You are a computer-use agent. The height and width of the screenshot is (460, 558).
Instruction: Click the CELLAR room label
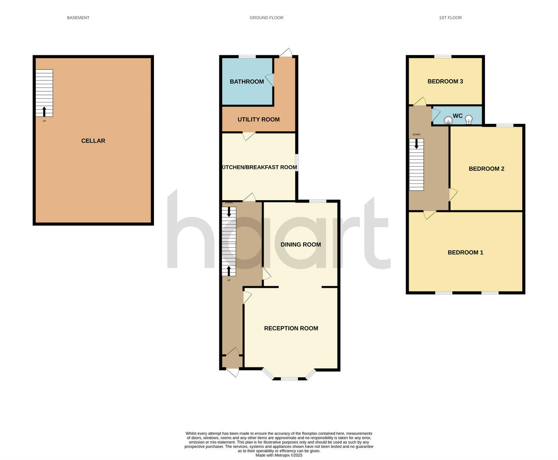tap(93, 141)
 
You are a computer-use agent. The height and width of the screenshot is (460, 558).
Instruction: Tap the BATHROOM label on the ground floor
tap(246, 81)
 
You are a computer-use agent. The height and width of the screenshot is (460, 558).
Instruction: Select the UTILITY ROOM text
tap(259, 120)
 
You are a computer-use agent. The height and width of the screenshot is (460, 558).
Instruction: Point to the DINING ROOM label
tap(300, 244)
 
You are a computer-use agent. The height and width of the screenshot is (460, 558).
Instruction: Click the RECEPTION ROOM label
tap(291, 328)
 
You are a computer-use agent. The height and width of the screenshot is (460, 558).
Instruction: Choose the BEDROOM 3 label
tap(445, 81)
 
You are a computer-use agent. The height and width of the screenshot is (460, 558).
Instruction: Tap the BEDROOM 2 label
tap(486, 169)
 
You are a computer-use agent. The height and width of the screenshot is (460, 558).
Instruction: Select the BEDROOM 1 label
tap(465, 252)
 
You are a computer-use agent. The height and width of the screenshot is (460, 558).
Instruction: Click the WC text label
tap(458, 116)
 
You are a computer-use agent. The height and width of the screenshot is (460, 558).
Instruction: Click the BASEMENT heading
tap(78, 18)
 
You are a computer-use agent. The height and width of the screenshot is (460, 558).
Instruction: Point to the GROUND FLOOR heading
tap(266, 18)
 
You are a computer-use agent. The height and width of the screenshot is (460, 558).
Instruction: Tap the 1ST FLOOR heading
tap(450, 18)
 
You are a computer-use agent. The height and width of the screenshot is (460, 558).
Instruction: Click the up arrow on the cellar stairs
tap(44, 111)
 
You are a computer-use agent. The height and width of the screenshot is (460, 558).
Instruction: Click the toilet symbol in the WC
tap(448, 120)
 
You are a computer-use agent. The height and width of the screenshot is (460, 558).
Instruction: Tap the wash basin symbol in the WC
tap(469, 119)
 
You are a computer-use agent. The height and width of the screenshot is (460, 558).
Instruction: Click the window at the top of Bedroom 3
tap(443, 56)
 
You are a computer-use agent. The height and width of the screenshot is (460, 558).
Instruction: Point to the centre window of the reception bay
tap(289, 379)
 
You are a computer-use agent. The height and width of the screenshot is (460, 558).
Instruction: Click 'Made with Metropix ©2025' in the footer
tap(279, 455)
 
